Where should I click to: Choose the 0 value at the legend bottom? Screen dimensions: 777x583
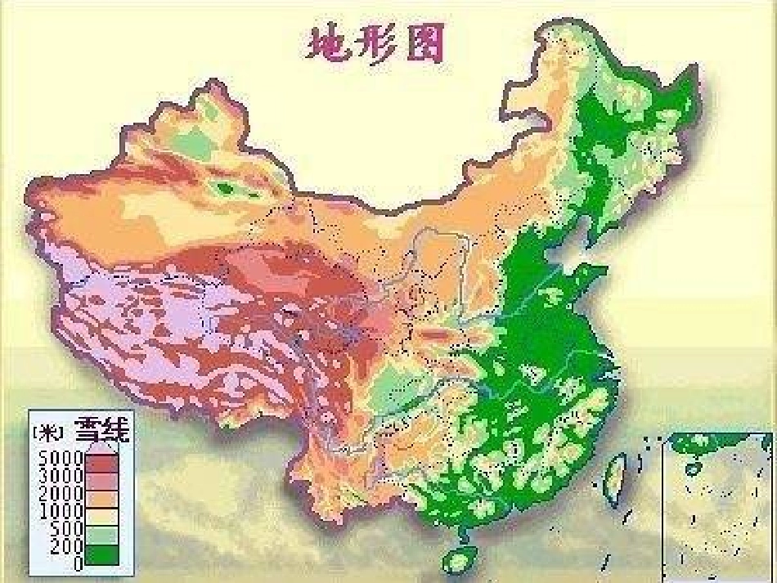click(78, 563)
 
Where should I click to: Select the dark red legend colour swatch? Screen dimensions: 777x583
click(102, 463)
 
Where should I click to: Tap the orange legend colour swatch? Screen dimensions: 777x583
click(102, 500)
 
